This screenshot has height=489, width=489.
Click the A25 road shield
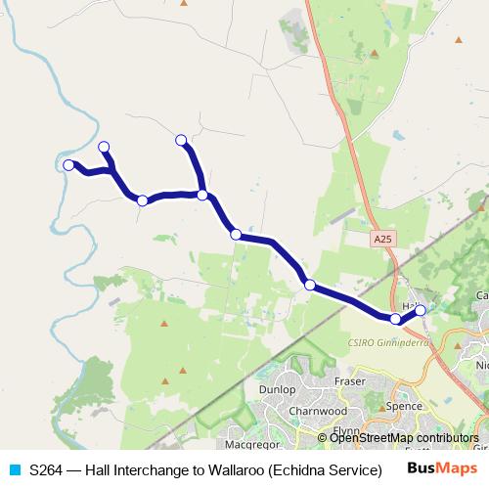[x=384, y=239]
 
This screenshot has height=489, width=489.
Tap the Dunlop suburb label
[x=278, y=389]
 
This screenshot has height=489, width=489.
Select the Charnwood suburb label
[x=318, y=412]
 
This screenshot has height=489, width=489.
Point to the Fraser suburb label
[x=349, y=379]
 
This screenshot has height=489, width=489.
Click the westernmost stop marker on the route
[x=68, y=165]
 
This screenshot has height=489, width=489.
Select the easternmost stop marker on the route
[x=421, y=310]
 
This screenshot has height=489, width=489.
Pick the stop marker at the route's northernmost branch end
[x=180, y=140]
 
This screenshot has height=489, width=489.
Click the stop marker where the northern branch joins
[x=202, y=195]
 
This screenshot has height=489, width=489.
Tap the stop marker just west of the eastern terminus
[x=395, y=319]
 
